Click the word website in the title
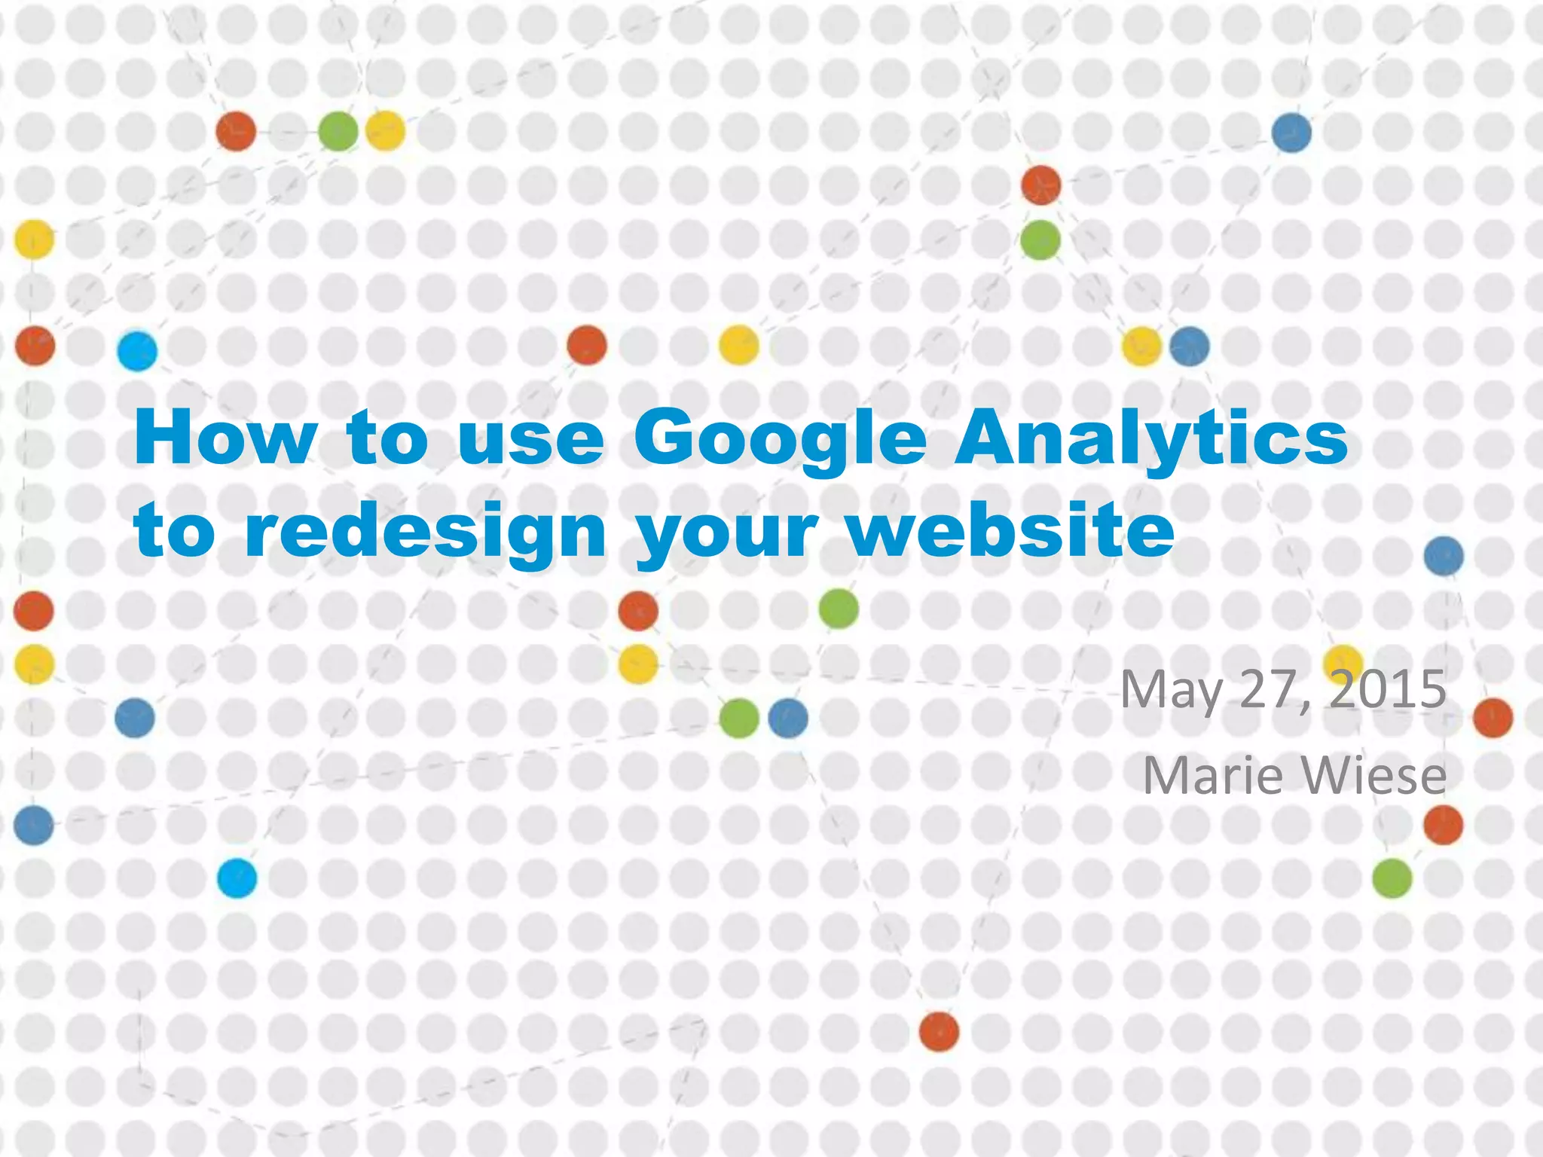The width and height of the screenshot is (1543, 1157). pyautogui.click(x=1010, y=530)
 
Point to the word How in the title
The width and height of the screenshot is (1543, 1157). pyautogui.click(x=225, y=438)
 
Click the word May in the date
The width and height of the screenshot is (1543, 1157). pyautogui.click(x=1171, y=690)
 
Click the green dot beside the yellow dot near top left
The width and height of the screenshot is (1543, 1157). pyautogui.click(x=338, y=131)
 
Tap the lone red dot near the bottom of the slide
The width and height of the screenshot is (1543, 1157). pyautogui.click(x=939, y=1031)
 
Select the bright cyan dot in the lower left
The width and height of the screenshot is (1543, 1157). pyautogui.click(x=237, y=878)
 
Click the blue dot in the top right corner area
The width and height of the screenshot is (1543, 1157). pyautogui.click(x=1291, y=133)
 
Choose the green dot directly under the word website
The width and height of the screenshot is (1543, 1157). pyautogui.click(x=839, y=609)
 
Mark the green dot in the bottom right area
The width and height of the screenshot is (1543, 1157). pyautogui.click(x=1392, y=878)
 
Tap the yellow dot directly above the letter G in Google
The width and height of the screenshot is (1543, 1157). pyautogui.click(x=738, y=345)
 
